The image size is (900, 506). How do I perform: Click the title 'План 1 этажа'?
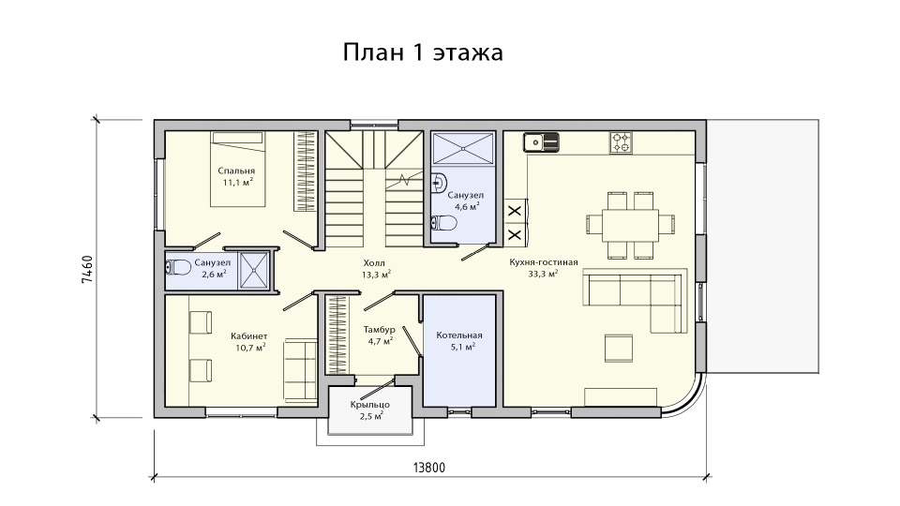423,52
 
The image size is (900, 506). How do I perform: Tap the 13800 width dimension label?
429,468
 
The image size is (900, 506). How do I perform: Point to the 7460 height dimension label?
86,270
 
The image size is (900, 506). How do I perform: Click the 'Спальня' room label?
236,171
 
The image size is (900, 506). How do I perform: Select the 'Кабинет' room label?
249,336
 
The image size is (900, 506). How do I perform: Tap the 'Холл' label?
374,262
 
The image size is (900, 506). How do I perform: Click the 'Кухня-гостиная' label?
544,262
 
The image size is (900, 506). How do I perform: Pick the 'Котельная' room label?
459,335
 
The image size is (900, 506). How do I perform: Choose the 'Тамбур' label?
380,330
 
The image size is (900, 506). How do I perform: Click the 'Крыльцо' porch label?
370,405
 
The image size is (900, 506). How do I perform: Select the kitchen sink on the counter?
541,142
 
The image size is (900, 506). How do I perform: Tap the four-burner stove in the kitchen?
621,142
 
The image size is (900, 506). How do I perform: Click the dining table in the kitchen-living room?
630,225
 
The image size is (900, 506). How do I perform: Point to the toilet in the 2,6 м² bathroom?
178,268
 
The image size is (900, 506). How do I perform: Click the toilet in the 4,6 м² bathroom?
442,223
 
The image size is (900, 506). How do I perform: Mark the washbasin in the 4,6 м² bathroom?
439,182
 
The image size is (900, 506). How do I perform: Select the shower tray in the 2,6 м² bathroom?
254,270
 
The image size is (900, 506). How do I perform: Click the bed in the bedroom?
237,170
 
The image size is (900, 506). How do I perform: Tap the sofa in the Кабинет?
300,370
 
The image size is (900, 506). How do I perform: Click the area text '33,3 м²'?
543,275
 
